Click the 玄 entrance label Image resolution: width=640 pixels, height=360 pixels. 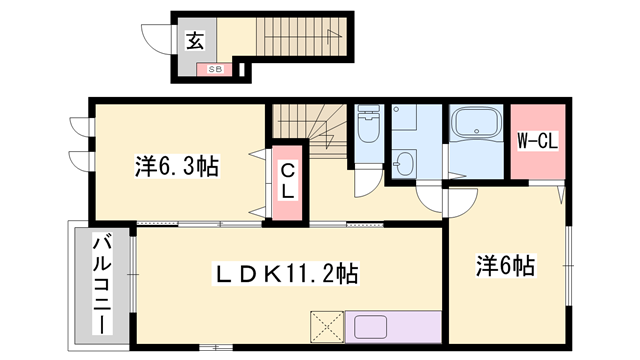[194, 41]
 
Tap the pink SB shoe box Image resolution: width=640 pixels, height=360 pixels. [215, 69]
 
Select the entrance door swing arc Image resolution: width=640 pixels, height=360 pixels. [156, 41]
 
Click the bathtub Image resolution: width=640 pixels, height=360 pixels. [478, 127]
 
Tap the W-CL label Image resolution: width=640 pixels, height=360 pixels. [536, 141]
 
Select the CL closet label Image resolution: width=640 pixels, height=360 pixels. [287, 180]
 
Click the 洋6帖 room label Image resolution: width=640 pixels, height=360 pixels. [505, 266]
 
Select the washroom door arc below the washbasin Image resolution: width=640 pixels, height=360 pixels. [431, 198]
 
